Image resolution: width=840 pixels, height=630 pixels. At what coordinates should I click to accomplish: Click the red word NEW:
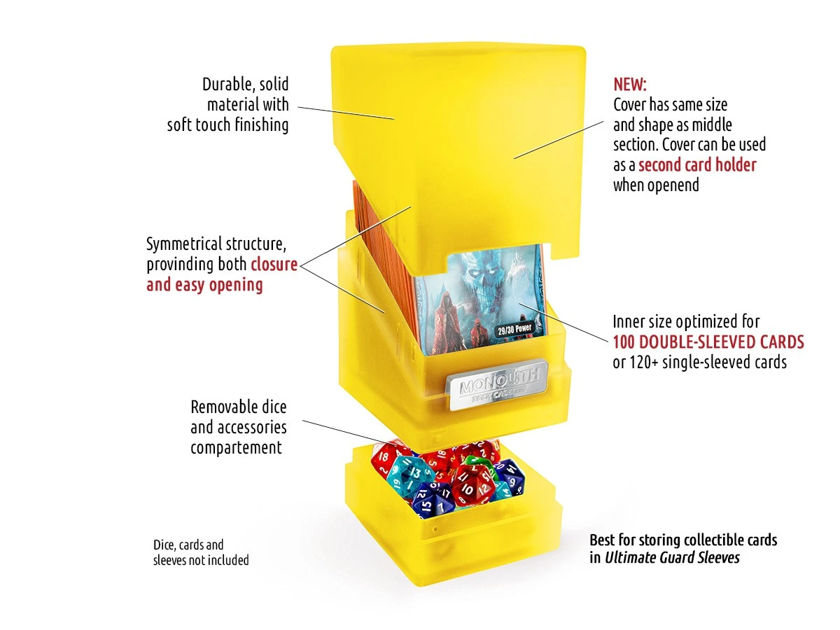click(x=629, y=85)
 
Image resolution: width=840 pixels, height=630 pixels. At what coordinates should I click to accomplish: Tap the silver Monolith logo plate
click(x=498, y=384)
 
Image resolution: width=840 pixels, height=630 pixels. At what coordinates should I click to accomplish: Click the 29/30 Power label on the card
click(x=514, y=329)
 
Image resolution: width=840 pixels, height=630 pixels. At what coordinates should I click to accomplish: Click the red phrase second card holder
click(x=697, y=165)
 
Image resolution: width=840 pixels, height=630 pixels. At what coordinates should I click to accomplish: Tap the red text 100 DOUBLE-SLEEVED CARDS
click(x=708, y=342)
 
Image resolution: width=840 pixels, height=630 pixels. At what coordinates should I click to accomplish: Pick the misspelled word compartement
click(x=236, y=448)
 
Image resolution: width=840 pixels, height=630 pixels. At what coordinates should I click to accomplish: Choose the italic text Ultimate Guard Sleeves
click(x=672, y=558)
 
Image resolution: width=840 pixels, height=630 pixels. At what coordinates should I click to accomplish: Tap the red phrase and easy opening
click(x=204, y=285)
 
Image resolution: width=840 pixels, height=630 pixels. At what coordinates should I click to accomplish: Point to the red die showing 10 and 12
click(x=472, y=486)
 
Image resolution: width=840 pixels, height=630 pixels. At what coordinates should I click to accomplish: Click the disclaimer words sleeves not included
click(x=201, y=561)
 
